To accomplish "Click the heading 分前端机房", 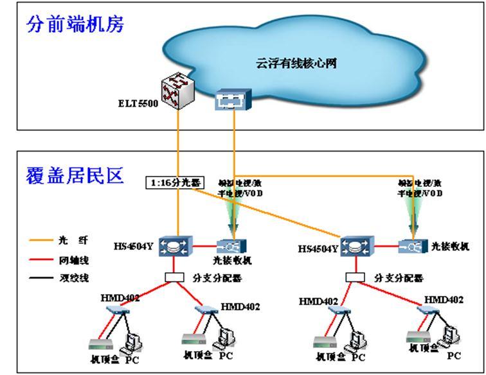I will [75, 24].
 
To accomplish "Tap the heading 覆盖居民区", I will [75, 175].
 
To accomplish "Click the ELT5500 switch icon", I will [177, 91].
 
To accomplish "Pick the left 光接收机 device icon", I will [230, 246].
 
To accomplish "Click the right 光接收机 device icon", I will [411, 246].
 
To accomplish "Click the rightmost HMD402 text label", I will [444, 300].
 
